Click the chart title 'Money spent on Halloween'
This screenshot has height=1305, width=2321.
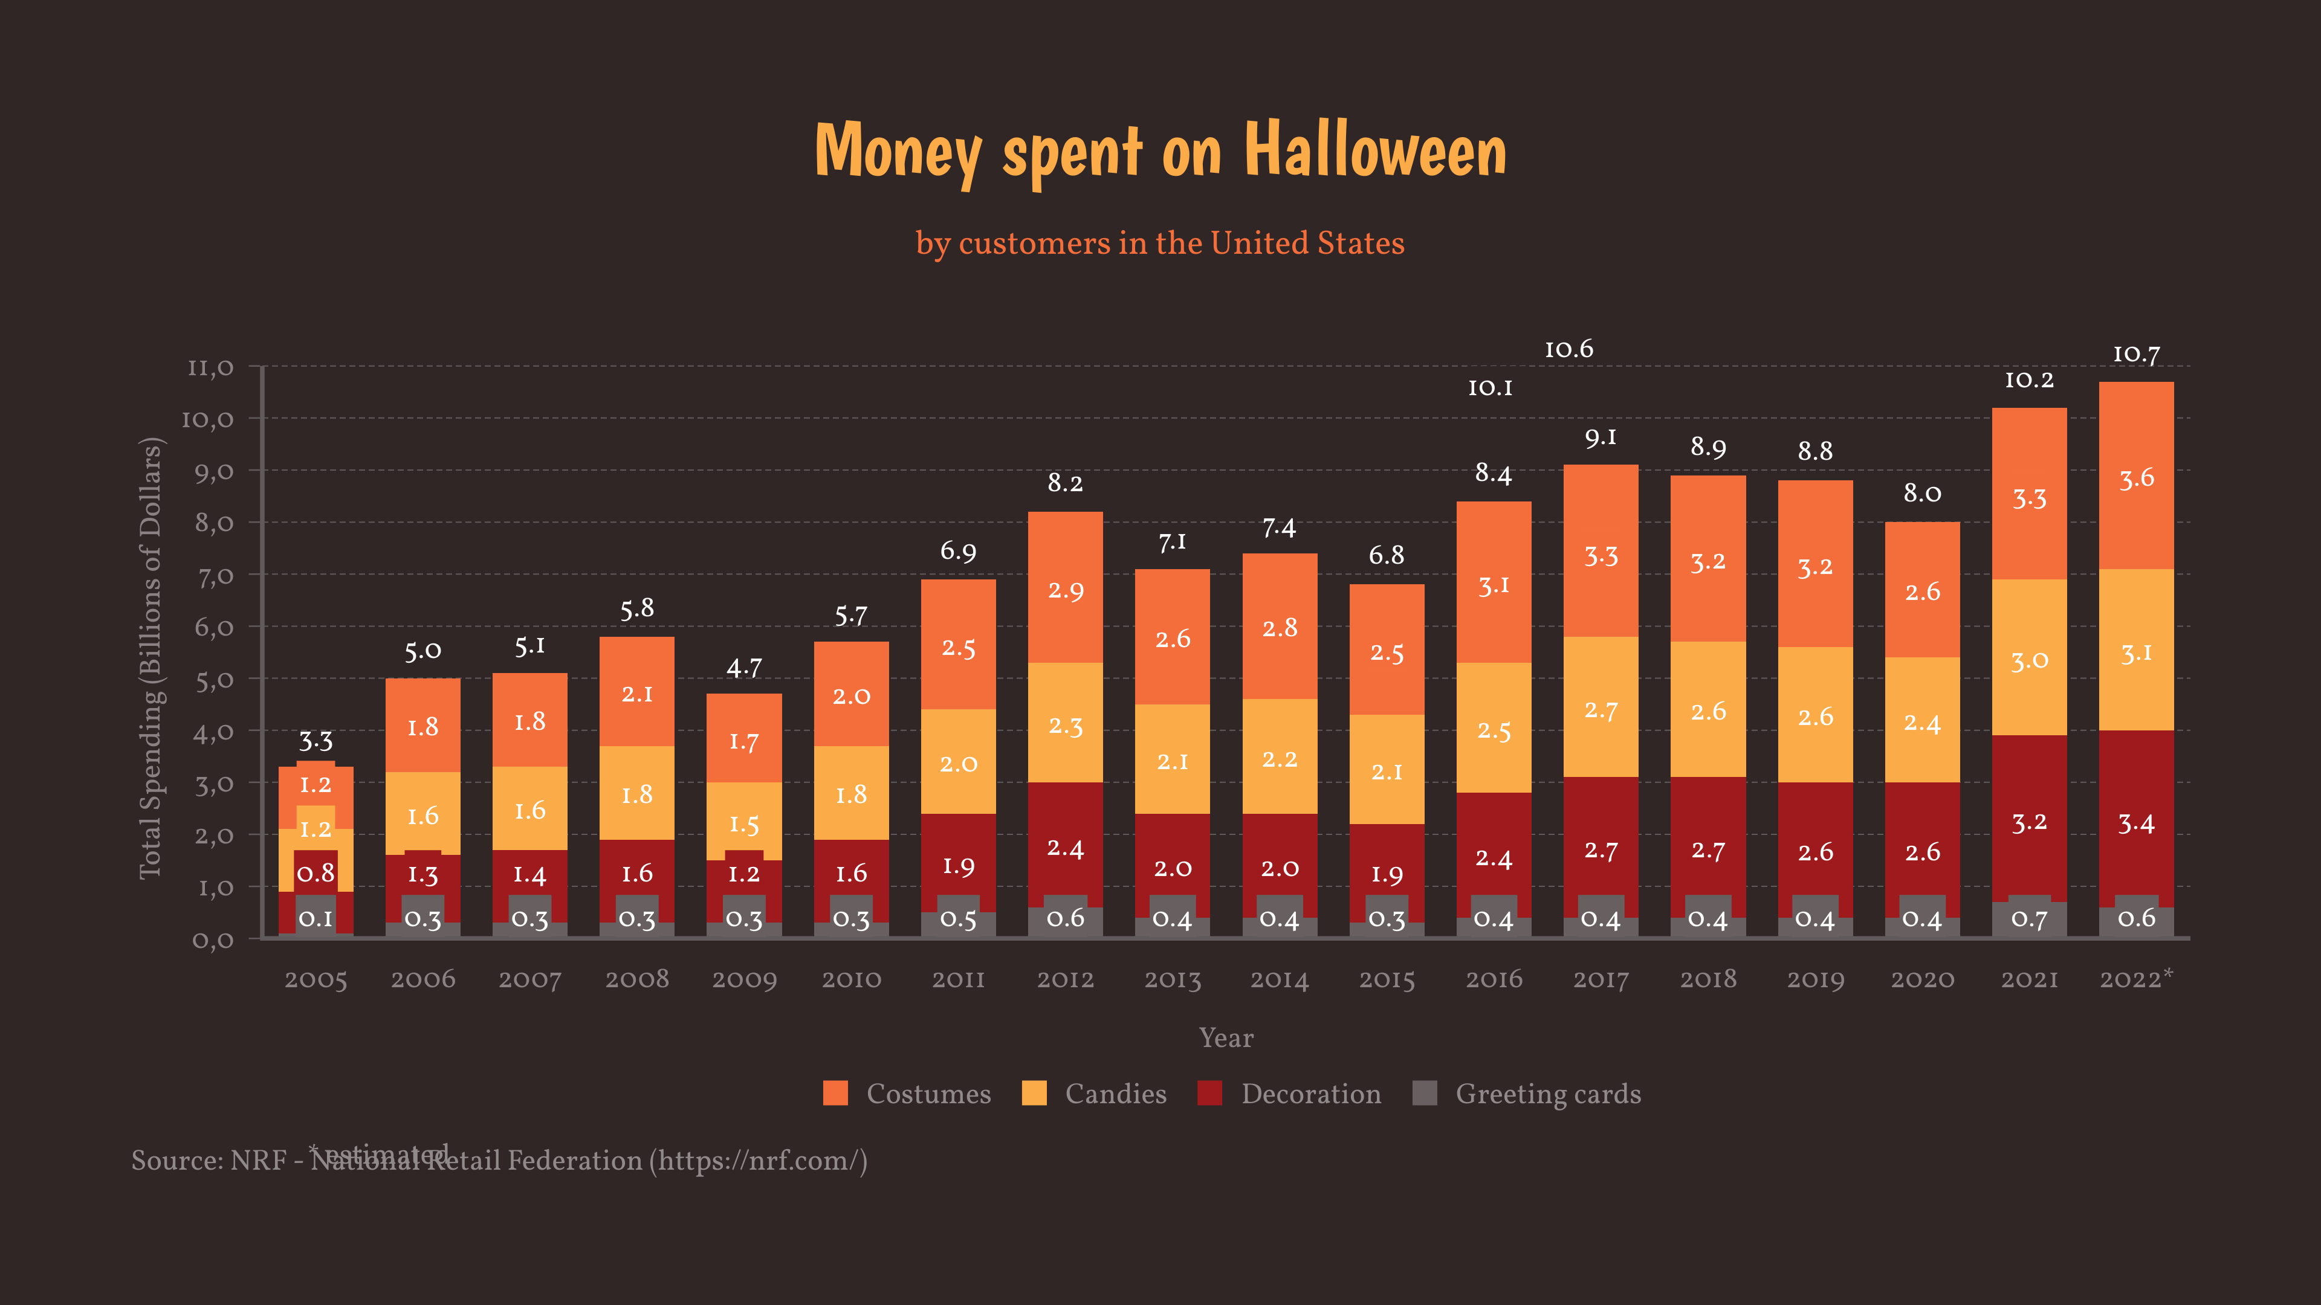(x=1160, y=150)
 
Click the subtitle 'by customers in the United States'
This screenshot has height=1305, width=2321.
(x=1160, y=243)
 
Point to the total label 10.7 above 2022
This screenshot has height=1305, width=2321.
(x=2135, y=355)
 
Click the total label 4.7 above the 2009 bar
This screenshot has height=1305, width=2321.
(x=744, y=668)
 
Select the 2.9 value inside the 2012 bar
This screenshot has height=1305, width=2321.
(x=1065, y=591)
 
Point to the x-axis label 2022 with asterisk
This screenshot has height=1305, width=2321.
(x=2135, y=979)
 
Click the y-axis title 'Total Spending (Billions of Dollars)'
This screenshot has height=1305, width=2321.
(x=151, y=657)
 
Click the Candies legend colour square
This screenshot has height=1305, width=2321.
(x=1034, y=1094)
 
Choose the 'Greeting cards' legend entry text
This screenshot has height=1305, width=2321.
(x=1547, y=1094)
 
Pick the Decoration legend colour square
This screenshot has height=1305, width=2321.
(x=1209, y=1094)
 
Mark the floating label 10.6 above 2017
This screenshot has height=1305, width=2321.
(x=1568, y=349)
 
